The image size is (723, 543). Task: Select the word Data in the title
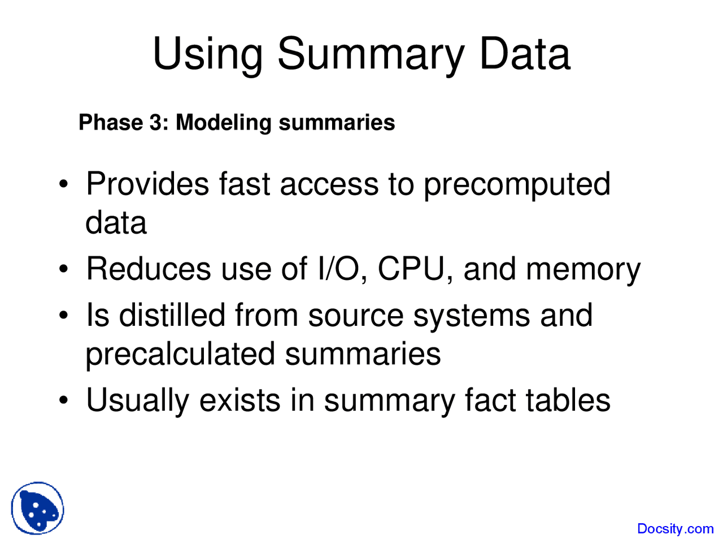[525, 53]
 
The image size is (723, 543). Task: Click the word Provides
[147, 184]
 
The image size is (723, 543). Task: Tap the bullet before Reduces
[63, 269]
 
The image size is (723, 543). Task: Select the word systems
[472, 318]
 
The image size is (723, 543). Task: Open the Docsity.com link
[675, 529]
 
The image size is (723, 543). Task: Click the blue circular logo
[37, 508]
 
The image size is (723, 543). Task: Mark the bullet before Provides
[63, 184]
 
